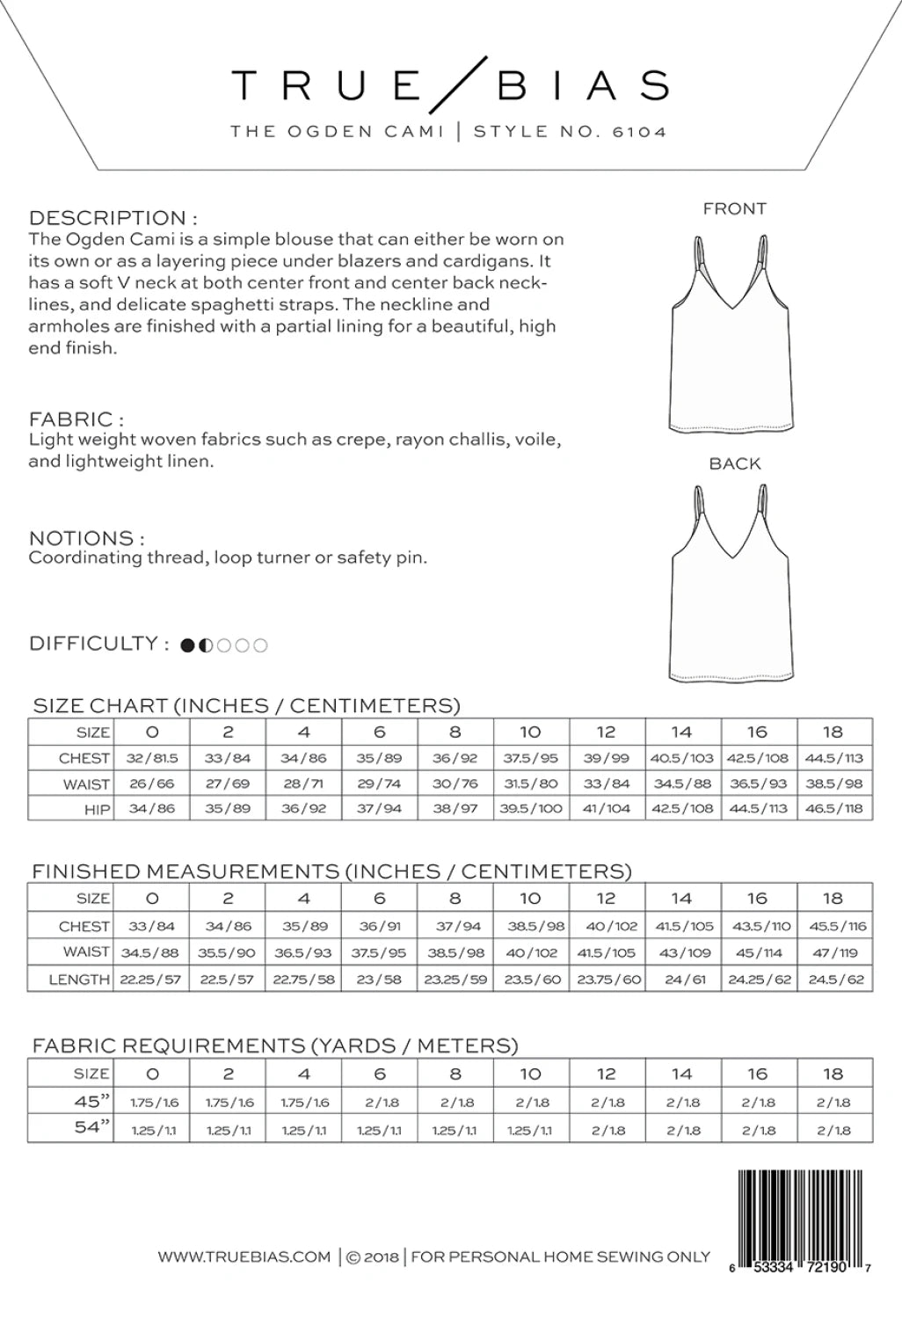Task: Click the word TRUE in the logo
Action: (x=327, y=85)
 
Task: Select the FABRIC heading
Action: (x=76, y=419)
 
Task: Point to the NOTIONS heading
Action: (x=86, y=538)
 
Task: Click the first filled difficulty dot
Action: (x=187, y=645)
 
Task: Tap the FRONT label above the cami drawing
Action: (x=734, y=208)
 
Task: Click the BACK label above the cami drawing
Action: (x=734, y=463)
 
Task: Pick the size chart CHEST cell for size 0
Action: (x=152, y=758)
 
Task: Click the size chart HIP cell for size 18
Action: (x=833, y=808)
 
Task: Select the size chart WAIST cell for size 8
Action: (x=455, y=783)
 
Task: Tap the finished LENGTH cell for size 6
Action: (x=379, y=979)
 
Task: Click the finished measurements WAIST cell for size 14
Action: (x=682, y=952)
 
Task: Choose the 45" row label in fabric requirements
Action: (x=91, y=1101)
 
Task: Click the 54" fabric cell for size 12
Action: (x=607, y=1130)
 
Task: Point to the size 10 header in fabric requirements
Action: (x=530, y=1074)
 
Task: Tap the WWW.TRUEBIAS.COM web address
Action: (x=244, y=1257)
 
